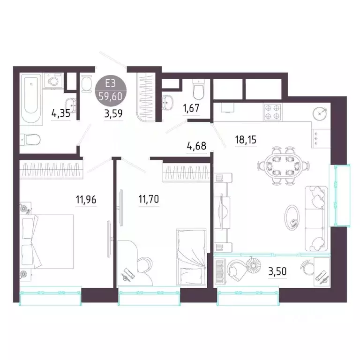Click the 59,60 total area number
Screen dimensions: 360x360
point(111,97)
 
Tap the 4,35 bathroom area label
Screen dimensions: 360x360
point(61,113)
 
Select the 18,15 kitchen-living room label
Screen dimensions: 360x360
point(246,140)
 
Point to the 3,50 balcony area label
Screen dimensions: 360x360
point(277,271)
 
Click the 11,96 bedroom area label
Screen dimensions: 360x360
point(86,200)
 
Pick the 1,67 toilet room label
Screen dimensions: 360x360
point(191,108)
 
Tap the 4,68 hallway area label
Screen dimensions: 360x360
point(196,146)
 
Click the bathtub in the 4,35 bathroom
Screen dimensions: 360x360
point(31,99)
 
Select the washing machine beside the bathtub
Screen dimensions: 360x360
point(54,80)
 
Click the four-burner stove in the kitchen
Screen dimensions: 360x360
point(272,112)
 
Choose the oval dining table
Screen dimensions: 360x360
point(283,165)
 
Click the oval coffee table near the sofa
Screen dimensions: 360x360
point(292,217)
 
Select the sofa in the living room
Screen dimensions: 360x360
point(316,218)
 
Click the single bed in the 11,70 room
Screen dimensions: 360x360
point(191,257)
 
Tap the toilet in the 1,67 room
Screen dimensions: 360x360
point(198,90)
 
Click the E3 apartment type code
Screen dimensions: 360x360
point(110,83)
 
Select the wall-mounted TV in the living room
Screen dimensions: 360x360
point(222,211)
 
